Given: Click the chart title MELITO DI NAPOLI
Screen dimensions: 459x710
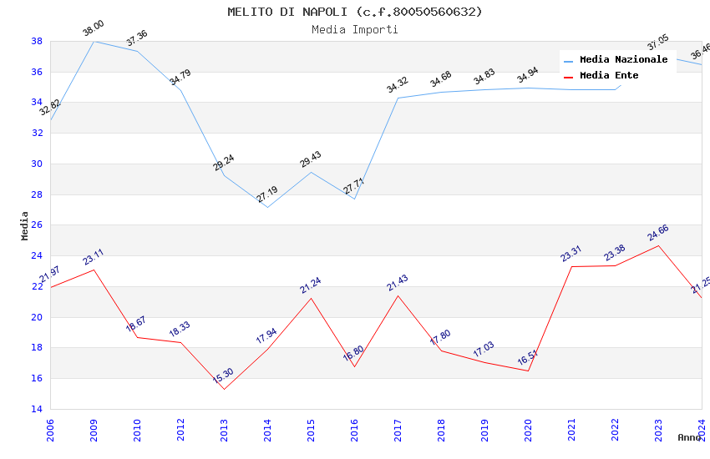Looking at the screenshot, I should (354, 12).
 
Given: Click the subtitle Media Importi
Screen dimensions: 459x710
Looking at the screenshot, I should (354, 29).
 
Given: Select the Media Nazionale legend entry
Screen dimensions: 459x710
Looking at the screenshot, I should (623, 59).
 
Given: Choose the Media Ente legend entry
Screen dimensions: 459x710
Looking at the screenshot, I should (609, 75).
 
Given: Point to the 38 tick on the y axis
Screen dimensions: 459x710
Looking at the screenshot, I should (37, 41).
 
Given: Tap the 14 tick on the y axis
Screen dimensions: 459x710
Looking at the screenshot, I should (37, 409).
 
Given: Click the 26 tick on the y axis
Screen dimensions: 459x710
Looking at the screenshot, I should (37, 225).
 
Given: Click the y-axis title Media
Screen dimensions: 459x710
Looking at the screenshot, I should (25, 225).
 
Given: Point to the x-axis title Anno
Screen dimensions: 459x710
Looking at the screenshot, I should (689, 437).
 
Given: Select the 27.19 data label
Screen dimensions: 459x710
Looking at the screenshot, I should (267, 194).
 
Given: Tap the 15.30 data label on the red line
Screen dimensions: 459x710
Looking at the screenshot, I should (223, 376).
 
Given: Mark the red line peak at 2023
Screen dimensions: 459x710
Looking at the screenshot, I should (658, 245).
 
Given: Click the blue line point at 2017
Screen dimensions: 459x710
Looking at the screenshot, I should (398, 98).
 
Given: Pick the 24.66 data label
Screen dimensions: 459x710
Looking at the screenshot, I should (658, 233).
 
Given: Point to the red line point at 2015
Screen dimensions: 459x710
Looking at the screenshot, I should (311, 298).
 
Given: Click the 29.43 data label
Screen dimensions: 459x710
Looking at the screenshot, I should (311, 159).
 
